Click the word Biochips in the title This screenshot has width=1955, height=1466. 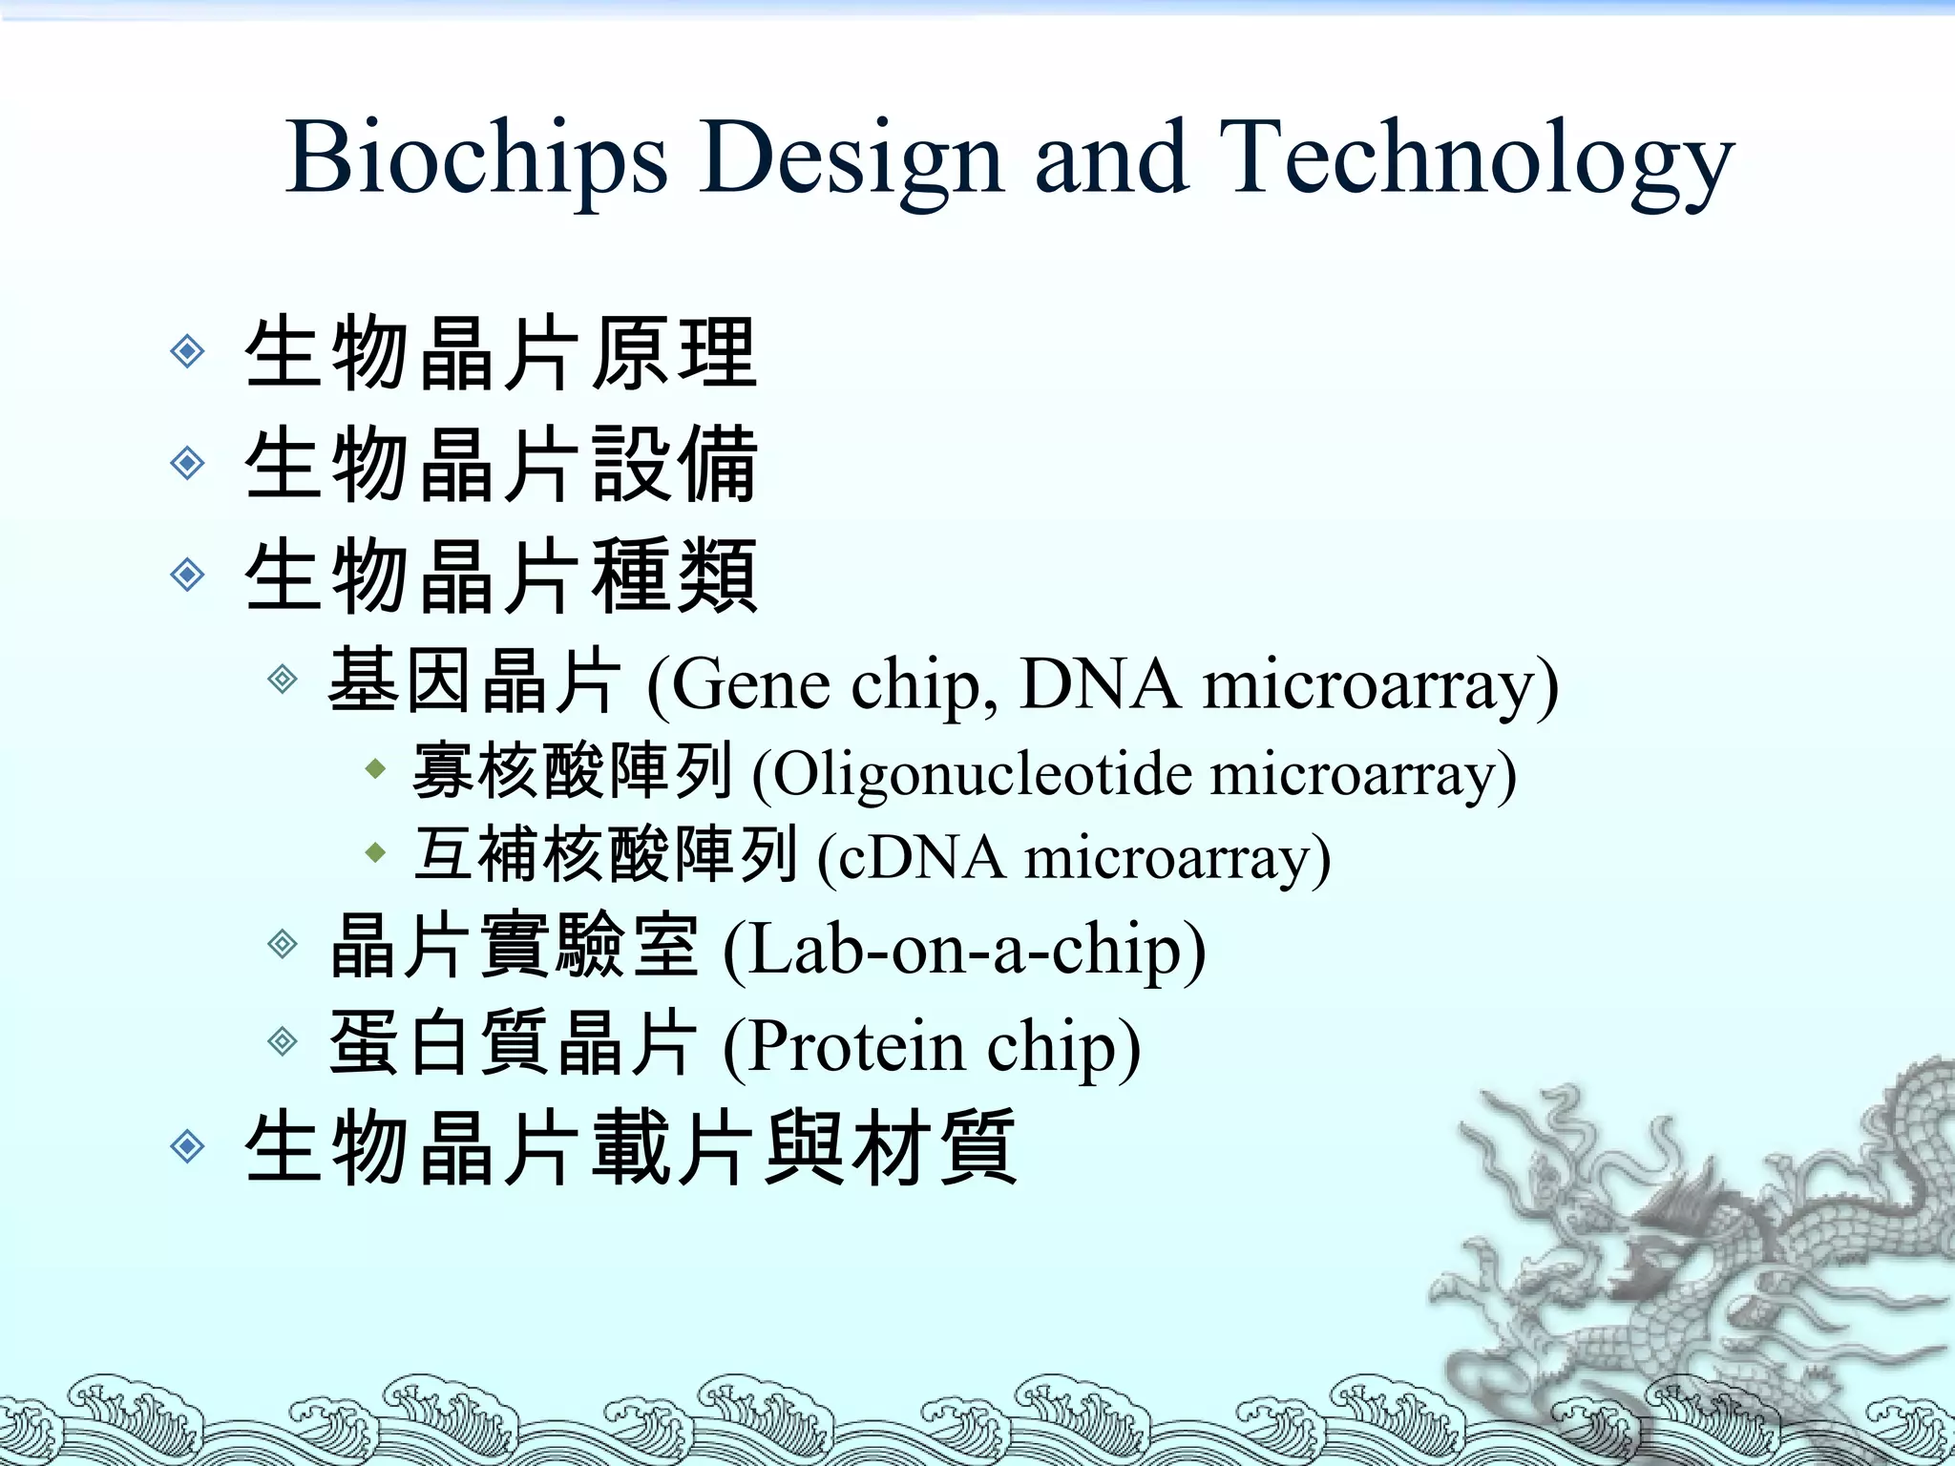(475, 157)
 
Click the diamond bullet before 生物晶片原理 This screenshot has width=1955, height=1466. (188, 352)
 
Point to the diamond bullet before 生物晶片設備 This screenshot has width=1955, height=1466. (188, 464)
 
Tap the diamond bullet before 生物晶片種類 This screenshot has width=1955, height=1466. (188, 576)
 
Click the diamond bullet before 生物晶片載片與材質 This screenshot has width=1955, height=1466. (188, 1146)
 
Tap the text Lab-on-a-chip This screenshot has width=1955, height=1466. (964, 950)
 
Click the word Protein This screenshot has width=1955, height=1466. (855, 1046)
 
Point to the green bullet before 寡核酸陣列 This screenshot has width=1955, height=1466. (376, 768)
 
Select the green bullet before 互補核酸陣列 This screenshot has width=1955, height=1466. (376, 852)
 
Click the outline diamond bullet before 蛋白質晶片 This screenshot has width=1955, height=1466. (283, 1040)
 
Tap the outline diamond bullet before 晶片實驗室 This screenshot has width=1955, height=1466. (283, 944)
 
